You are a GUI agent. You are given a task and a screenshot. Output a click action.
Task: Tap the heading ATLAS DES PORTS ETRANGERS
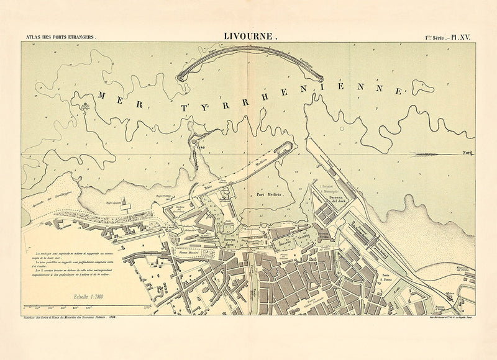coord(60,38)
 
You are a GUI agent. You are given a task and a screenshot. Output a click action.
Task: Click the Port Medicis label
coord(270,194)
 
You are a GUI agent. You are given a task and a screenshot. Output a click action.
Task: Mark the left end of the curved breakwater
coord(181,78)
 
